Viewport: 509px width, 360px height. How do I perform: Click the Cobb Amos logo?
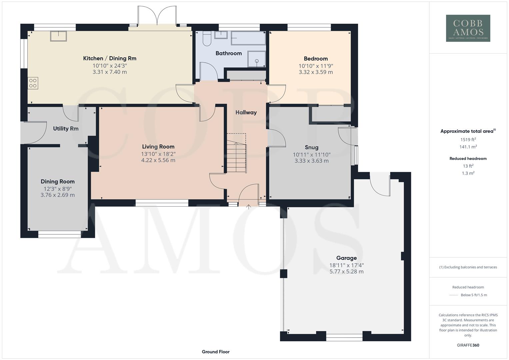(x=468, y=28)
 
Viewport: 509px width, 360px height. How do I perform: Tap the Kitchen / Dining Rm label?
(x=110, y=58)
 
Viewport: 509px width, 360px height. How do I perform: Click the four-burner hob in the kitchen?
(x=33, y=83)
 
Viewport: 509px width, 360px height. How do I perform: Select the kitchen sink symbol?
(x=58, y=36)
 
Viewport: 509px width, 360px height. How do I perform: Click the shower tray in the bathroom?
(x=257, y=59)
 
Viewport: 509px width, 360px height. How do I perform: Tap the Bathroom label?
(x=228, y=53)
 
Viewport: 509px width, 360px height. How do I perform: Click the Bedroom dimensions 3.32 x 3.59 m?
(x=316, y=72)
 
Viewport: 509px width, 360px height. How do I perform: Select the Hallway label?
(x=246, y=112)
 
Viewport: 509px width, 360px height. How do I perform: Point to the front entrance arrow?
(x=248, y=207)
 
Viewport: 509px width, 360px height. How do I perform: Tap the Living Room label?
(x=158, y=147)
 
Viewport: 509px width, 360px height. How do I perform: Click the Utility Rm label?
(x=66, y=129)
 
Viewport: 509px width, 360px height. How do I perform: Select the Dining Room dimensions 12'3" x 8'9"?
(x=58, y=189)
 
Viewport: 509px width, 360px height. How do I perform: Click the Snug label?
(x=311, y=147)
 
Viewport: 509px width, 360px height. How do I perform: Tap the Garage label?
(x=346, y=258)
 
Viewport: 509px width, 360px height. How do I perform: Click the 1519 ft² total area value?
(x=468, y=140)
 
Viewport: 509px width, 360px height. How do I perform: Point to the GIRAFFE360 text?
(x=468, y=345)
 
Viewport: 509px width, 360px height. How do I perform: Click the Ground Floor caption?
(x=215, y=352)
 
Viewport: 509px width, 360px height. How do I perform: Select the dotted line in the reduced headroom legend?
(x=454, y=295)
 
